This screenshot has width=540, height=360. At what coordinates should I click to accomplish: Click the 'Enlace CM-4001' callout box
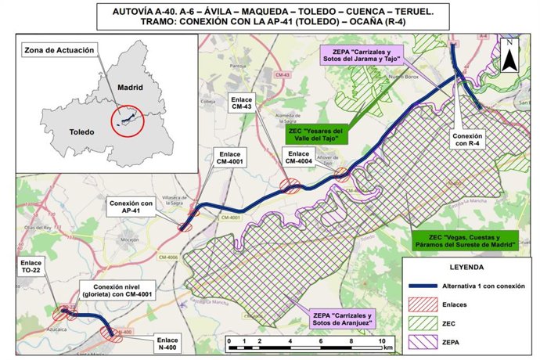click(228, 157)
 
